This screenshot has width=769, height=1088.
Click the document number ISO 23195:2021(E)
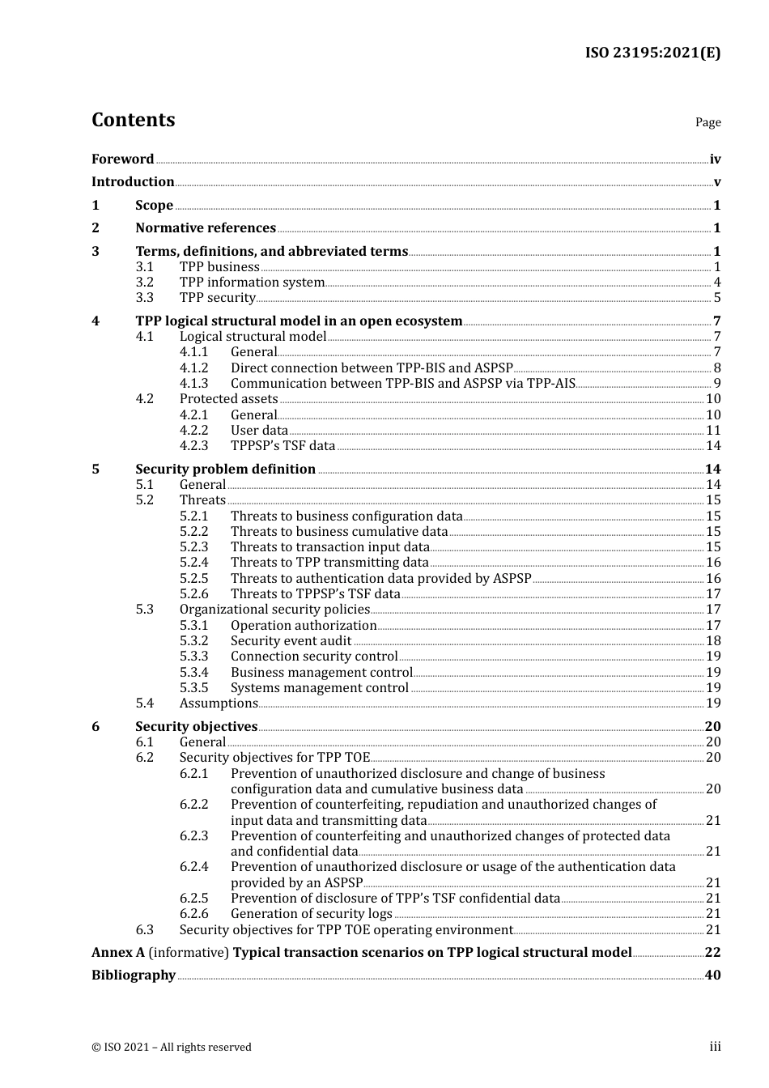tap(652, 53)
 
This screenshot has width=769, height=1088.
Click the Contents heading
tap(133, 120)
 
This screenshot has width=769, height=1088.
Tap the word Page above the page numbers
tap(707, 122)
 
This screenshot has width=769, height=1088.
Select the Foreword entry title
tap(122, 159)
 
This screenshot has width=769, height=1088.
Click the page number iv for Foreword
tap(715, 159)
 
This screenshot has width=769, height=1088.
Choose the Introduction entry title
tap(133, 182)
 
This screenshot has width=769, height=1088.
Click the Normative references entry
tap(206, 228)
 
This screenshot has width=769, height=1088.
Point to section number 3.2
tap(145, 283)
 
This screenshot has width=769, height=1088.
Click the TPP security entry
tap(218, 298)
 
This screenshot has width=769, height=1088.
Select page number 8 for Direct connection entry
tap(717, 368)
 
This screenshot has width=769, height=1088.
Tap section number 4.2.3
tap(193, 446)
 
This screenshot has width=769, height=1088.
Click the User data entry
tap(259, 431)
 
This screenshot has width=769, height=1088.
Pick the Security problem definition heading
tap(225, 470)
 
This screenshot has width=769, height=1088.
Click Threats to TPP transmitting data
tap(329, 563)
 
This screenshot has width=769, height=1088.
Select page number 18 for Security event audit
tap(713, 641)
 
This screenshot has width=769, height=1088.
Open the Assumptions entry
tap(219, 703)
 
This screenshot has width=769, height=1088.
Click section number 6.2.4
tap(193, 867)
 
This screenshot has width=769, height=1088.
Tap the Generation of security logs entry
tap(312, 914)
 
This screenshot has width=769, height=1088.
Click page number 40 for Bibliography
tap(712, 975)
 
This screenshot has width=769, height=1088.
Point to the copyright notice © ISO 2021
tap(172, 1048)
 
